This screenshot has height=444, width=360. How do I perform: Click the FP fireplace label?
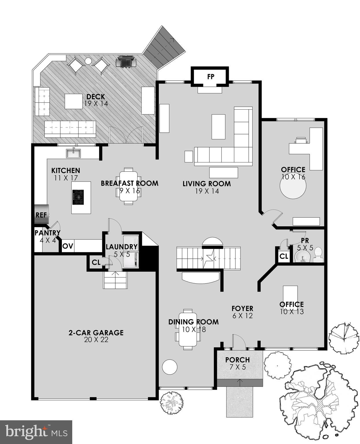(211, 77)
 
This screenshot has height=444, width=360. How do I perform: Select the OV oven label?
(68, 246)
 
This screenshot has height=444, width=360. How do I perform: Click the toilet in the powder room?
(318, 255)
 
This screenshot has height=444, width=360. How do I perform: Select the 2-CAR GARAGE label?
(96, 333)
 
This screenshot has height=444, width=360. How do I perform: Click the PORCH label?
(237, 360)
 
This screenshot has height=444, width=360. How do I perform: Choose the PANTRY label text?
(47, 233)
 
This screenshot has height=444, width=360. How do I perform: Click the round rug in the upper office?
(293, 186)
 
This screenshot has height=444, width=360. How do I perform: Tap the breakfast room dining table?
(129, 186)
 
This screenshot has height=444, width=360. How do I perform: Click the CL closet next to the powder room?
(284, 256)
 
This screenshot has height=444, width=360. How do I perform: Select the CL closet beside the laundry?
(96, 262)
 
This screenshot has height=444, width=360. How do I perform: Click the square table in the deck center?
(74, 101)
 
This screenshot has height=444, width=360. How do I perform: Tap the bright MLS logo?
(36, 432)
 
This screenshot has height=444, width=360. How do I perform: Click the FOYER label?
(242, 308)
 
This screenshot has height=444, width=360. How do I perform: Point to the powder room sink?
(302, 256)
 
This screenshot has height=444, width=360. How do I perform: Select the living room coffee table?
(218, 127)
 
